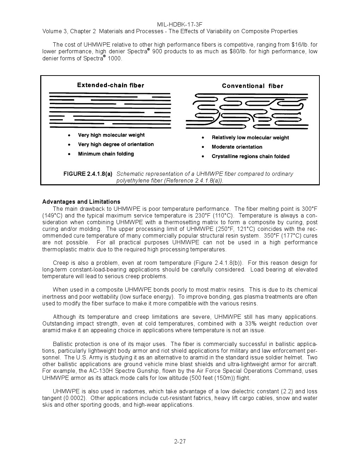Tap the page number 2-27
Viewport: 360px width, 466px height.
click(x=180, y=441)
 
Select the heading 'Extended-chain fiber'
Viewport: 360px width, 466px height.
click(x=110, y=85)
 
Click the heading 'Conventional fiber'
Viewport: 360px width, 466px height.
click(x=252, y=86)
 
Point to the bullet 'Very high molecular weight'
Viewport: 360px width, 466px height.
click(x=111, y=135)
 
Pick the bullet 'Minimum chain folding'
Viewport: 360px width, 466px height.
click(x=106, y=154)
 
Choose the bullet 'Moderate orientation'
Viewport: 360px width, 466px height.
click(x=237, y=147)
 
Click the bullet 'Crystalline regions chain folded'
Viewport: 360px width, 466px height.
click(x=250, y=156)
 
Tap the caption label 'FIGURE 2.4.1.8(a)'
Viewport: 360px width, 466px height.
click(x=88, y=174)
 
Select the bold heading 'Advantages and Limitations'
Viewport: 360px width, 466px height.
click(x=81, y=202)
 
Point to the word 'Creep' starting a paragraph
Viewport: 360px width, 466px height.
click(x=61, y=263)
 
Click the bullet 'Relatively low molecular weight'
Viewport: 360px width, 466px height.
click(x=250, y=138)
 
